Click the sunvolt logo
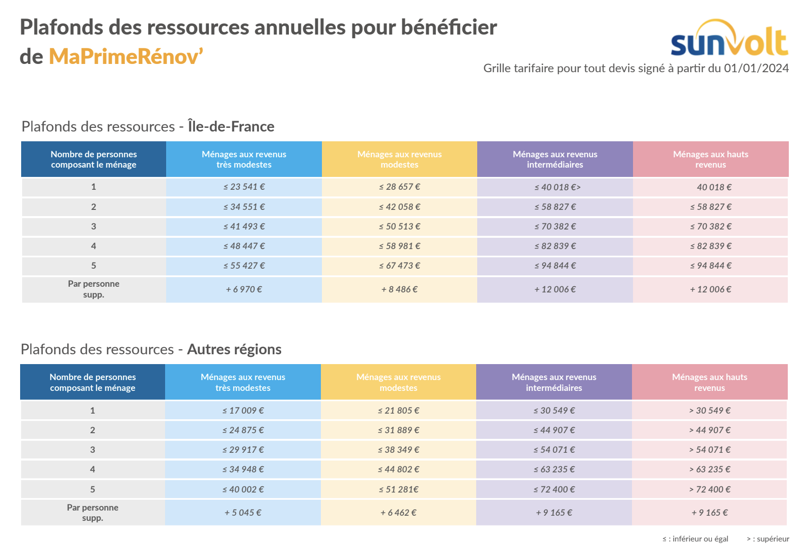[x=729, y=39]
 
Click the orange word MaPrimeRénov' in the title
[x=126, y=57]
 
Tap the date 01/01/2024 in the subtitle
[x=756, y=68]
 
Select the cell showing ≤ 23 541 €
[x=244, y=187]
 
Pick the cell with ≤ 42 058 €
[x=399, y=207]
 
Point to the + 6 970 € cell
[x=244, y=289]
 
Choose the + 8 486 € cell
[x=399, y=289]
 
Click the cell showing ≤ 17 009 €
[x=243, y=411]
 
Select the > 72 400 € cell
[x=709, y=489]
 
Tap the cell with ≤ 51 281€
[x=398, y=489]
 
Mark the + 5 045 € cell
[x=243, y=513]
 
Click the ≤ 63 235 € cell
[x=554, y=469]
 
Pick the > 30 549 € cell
[x=709, y=411]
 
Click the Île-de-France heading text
[x=231, y=126]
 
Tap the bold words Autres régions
[x=234, y=349]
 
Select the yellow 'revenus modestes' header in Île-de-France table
[x=399, y=159]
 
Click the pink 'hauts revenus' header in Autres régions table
[x=709, y=382]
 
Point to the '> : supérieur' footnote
[x=768, y=539]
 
